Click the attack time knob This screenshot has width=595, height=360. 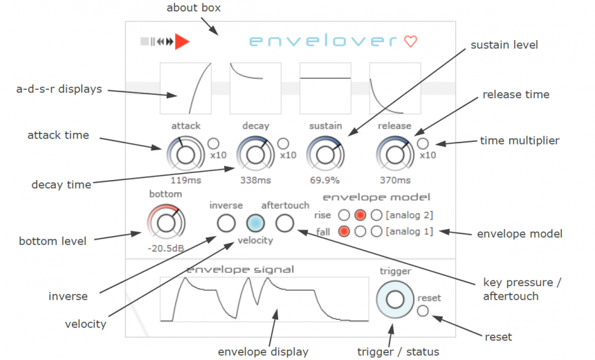click(185, 154)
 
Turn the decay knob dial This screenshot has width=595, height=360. click(255, 154)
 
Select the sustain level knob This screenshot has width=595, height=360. click(324, 154)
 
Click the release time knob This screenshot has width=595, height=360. click(395, 154)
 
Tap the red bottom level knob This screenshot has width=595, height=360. click(165, 222)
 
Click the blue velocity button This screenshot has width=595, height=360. click(255, 223)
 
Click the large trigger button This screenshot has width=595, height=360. click(394, 299)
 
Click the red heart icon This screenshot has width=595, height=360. click(410, 42)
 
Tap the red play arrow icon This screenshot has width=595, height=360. click(181, 42)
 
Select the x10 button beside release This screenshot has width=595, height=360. click(423, 143)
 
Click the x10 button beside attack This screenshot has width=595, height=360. click(213, 143)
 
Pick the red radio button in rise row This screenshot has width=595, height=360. click(360, 215)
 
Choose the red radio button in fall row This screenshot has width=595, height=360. click(344, 231)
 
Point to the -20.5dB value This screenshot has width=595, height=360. click(165, 249)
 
